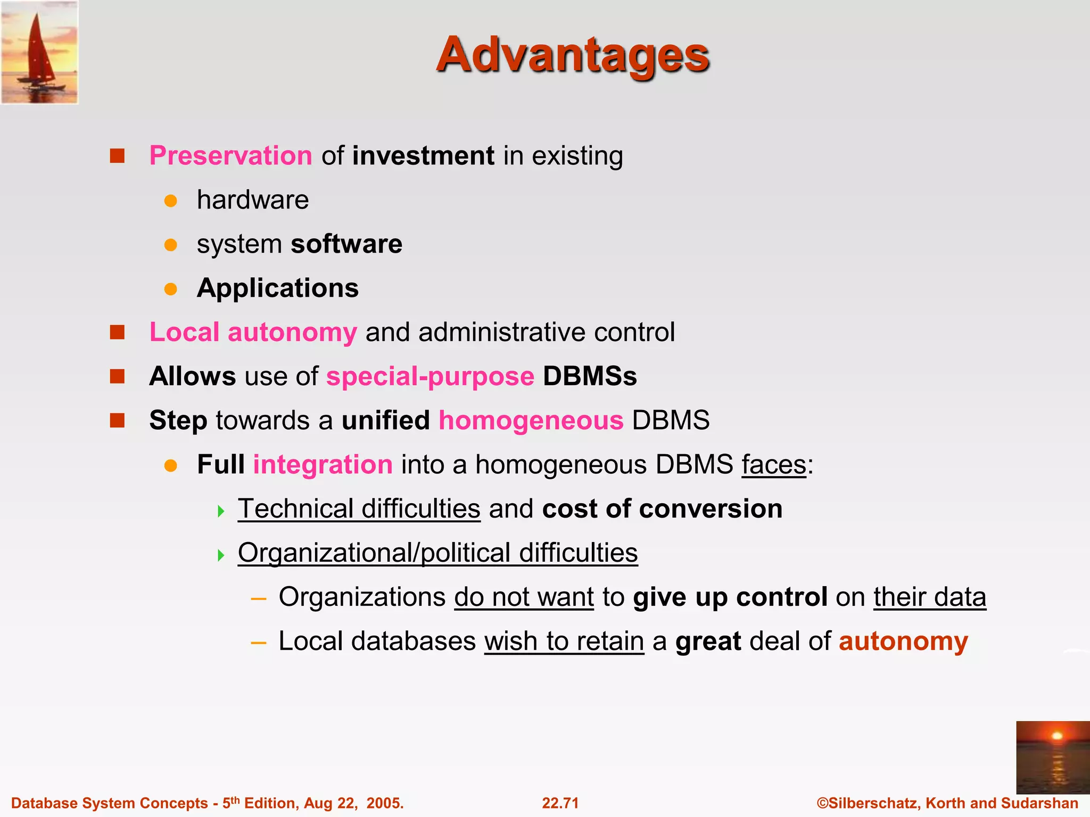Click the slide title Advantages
click(x=573, y=55)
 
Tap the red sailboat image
click(x=39, y=52)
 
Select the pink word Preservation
click(x=230, y=156)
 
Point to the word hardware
click(x=253, y=201)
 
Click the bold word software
click(x=346, y=244)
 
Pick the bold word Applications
click(x=278, y=288)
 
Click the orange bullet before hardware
click(x=170, y=201)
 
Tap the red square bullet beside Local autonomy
click(x=117, y=332)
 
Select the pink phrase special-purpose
click(x=430, y=377)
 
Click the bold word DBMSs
click(x=590, y=377)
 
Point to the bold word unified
click(x=386, y=421)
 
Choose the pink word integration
click(x=323, y=464)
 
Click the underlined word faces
click(x=774, y=464)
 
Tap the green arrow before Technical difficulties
click(x=221, y=512)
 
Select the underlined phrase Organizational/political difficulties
click(x=437, y=553)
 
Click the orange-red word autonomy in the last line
click(x=903, y=641)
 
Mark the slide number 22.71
click(x=560, y=803)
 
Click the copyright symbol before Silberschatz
click(x=822, y=803)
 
